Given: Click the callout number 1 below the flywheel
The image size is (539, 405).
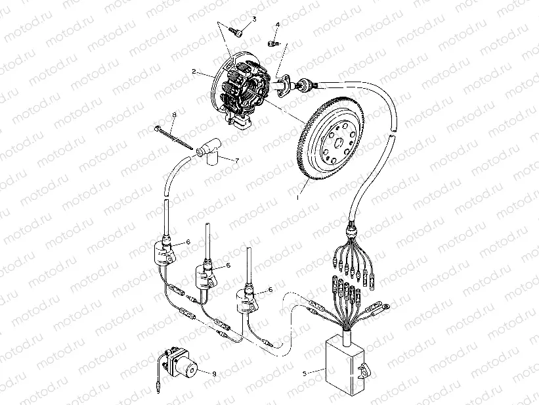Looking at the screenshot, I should click(297, 197).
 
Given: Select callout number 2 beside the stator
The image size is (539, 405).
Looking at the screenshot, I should click(194, 70).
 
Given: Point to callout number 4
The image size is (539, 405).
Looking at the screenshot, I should click(277, 25).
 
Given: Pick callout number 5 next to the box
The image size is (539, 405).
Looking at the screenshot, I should click(304, 373).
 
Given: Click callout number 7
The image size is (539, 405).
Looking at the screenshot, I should click(237, 160).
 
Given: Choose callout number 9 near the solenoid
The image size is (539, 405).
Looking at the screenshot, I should click(213, 373).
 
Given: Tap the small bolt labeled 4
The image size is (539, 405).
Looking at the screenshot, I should click(274, 43).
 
